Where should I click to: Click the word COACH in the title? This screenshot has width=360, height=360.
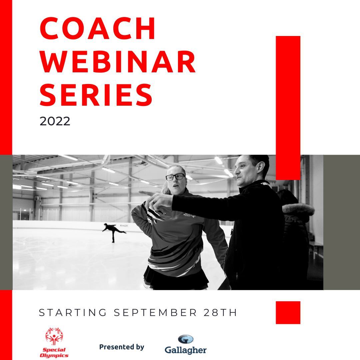pyautogui.click(x=98, y=28)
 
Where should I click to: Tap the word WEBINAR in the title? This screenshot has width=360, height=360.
pyautogui.click(x=118, y=62)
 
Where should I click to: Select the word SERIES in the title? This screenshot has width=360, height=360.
pyautogui.click(x=96, y=95)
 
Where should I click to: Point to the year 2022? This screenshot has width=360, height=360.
pyautogui.click(x=55, y=121)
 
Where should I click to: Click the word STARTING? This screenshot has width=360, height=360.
pyautogui.click(x=73, y=313)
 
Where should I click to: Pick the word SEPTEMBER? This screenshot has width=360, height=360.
pyautogui.click(x=155, y=313)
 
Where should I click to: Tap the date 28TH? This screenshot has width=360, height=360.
pyautogui.click(x=220, y=313)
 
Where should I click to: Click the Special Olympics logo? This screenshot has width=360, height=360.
pyautogui.click(x=54, y=342)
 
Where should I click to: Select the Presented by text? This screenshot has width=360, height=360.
pyautogui.click(x=122, y=347)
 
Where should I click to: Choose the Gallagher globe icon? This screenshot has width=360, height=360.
pyautogui.click(x=186, y=339)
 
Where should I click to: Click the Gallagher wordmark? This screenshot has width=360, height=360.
pyautogui.click(x=186, y=350)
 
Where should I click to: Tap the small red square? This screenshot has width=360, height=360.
pyautogui.click(x=288, y=312)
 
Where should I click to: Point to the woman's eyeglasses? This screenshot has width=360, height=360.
pyautogui.click(x=175, y=177)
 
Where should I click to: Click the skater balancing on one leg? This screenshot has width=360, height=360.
pyautogui.click(x=113, y=232)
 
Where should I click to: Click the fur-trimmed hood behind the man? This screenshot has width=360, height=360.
pyautogui.click(x=298, y=209)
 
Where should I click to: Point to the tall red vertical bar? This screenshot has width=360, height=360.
pyautogui.click(x=288, y=108)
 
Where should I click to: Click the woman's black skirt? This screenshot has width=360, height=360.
pyautogui.click(x=176, y=278)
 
